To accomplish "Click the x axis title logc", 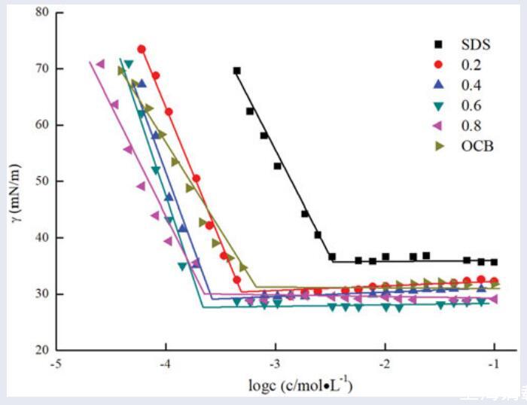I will point(300,387).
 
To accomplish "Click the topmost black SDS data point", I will point(236,71).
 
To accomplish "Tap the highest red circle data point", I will point(142,50).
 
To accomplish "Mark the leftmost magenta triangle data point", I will point(100,63).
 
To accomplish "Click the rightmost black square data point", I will point(494,262).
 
